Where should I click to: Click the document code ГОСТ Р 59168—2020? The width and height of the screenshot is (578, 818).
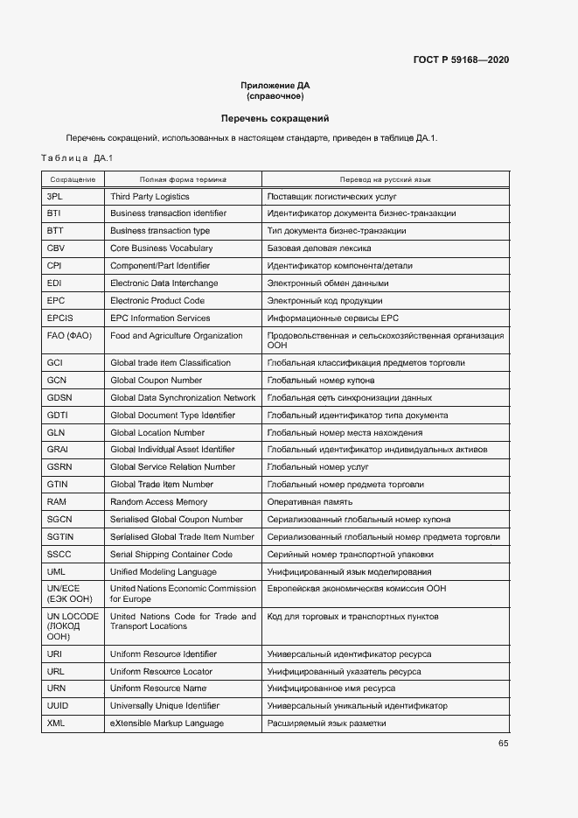tap(461, 59)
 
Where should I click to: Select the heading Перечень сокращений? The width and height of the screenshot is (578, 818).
tap(275, 118)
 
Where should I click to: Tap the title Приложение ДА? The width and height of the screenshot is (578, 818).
tap(275, 86)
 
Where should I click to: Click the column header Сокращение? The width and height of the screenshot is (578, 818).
tap(73, 179)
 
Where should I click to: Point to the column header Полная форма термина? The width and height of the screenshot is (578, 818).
tap(183, 179)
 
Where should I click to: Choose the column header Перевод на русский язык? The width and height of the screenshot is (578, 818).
tap(386, 179)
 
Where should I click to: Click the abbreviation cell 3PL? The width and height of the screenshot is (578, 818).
tap(55, 197)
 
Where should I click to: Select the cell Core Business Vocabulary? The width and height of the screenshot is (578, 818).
tap(161, 248)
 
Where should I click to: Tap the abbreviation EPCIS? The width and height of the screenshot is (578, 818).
tap(60, 318)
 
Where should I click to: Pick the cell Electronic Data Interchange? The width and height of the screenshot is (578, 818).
tap(164, 283)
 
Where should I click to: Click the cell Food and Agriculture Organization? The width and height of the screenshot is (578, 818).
tap(177, 336)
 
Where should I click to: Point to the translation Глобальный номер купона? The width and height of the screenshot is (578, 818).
tap(321, 381)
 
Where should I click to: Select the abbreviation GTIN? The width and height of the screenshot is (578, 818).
tap(58, 485)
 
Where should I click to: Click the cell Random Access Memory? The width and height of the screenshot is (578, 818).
tap(159, 502)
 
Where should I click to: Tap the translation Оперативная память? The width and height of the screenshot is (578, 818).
tap(310, 502)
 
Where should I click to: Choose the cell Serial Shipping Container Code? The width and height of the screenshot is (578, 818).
tap(171, 555)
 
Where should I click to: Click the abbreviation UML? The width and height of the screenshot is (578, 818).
tap(56, 572)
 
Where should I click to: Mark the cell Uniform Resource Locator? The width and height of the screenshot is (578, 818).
tap(161, 672)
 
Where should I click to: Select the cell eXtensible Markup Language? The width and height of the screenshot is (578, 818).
tap(167, 724)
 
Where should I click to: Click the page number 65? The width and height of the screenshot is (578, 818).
tap(503, 744)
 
